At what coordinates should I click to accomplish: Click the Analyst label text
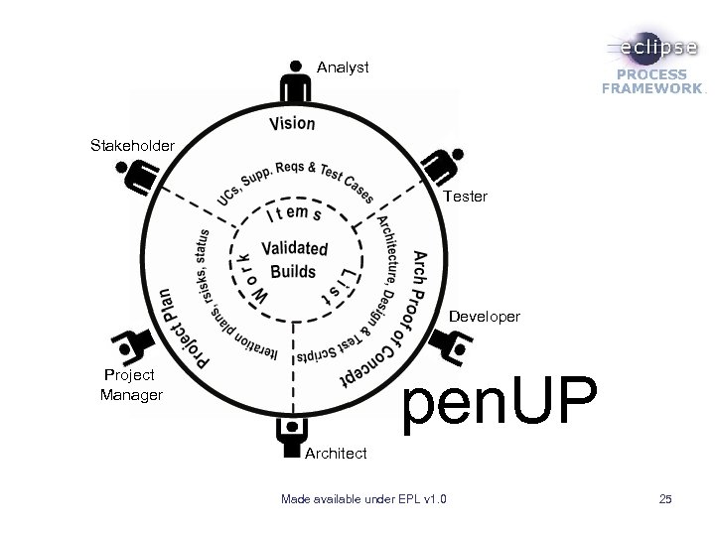(x=343, y=67)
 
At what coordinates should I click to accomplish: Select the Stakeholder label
(x=132, y=146)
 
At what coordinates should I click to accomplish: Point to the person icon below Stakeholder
(x=136, y=178)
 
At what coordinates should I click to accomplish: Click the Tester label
(x=465, y=197)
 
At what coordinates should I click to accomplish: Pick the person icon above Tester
(x=445, y=165)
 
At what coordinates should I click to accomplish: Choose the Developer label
(x=484, y=317)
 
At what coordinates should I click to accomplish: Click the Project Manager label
(x=131, y=385)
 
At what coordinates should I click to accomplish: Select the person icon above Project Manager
(x=130, y=345)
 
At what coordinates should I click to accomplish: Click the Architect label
(x=336, y=453)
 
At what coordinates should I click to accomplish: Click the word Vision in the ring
(x=292, y=124)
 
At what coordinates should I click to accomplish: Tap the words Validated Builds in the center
(x=293, y=260)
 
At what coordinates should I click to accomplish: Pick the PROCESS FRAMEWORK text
(x=650, y=81)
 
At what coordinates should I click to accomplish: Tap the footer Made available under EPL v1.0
(x=363, y=497)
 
